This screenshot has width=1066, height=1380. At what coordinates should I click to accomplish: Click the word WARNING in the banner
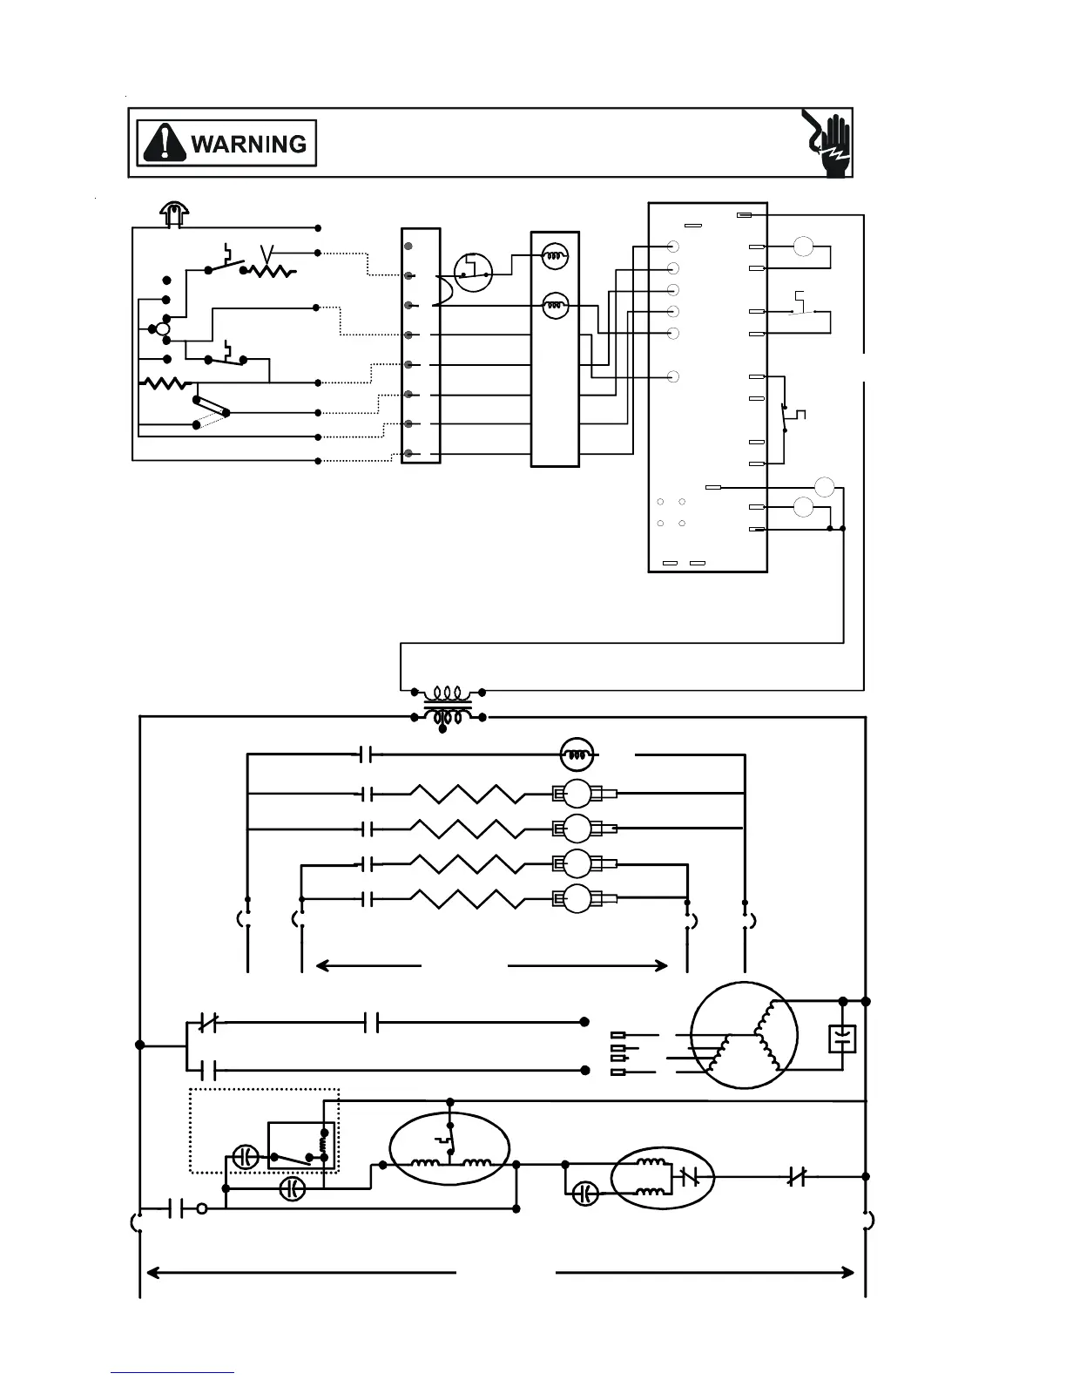click(248, 144)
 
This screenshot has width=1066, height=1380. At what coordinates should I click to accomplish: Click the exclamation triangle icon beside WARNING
click(165, 144)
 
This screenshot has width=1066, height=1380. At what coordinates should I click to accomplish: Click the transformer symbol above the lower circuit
click(448, 706)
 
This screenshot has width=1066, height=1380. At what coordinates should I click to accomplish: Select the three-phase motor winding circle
click(744, 1035)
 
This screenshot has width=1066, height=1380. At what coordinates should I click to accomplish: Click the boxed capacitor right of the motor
click(842, 1038)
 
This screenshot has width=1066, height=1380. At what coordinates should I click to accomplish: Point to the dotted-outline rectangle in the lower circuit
click(264, 1130)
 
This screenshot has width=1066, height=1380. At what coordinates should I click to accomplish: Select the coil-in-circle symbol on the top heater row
click(575, 754)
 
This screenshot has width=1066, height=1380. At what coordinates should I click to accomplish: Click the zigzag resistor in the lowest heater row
click(467, 899)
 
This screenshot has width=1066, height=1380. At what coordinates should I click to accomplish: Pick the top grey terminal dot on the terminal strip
click(408, 247)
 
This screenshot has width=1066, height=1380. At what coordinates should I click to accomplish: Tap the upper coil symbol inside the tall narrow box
click(555, 255)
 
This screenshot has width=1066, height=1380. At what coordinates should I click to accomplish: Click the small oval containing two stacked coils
click(662, 1177)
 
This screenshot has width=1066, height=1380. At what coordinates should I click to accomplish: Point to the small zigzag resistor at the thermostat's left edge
click(165, 382)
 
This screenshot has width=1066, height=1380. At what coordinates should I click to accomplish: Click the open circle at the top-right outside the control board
click(803, 247)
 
